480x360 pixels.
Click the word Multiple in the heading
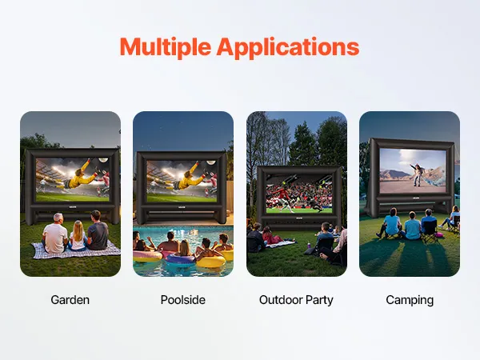pyautogui.click(x=166, y=47)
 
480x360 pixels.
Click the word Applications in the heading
pyautogui.click(x=288, y=47)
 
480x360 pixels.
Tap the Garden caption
pyautogui.click(x=70, y=300)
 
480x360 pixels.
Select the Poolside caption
pyautogui.click(x=183, y=300)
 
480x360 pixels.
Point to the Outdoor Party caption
pyautogui.click(x=296, y=300)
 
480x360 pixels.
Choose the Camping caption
pyautogui.click(x=410, y=300)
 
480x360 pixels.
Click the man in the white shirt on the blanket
pyautogui.click(x=55, y=234)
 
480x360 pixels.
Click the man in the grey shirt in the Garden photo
pyautogui.click(x=98, y=230)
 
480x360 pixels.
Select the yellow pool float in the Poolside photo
pyautogui.click(x=211, y=261)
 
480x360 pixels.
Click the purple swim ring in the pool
pyautogui.click(x=180, y=260)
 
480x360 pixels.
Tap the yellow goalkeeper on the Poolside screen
pyautogui.click(x=186, y=178)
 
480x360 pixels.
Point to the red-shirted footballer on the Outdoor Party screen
pyautogui.click(x=282, y=197)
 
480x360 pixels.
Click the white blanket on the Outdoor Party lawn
pyautogui.click(x=281, y=244)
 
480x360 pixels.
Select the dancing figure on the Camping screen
pyautogui.click(x=418, y=174)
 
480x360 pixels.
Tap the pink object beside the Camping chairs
pyautogui.click(x=438, y=234)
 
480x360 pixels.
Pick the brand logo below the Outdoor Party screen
pyautogui.click(x=298, y=218)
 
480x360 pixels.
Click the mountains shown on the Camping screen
pyautogui.click(x=395, y=175)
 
